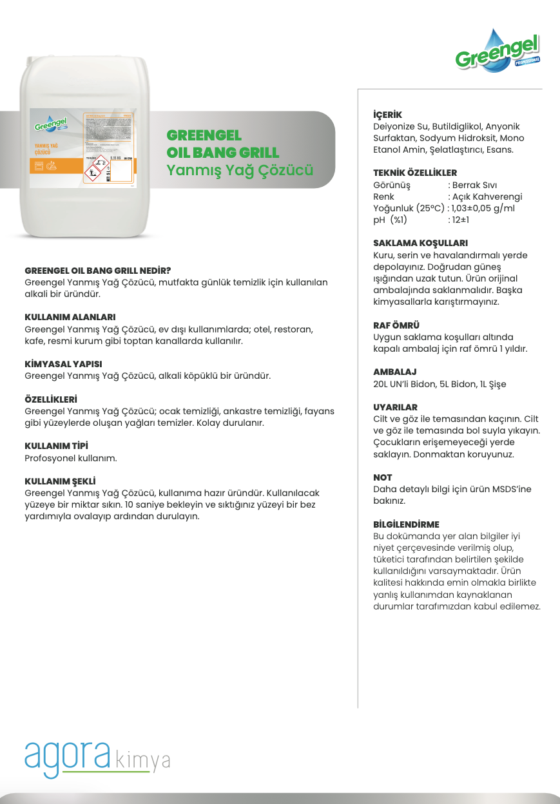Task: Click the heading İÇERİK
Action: [x=387, y=115]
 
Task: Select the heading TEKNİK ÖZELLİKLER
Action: [x=415, y=173]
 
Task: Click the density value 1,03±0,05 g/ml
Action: [x=483, y=208]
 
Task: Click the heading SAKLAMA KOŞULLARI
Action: [x=420, y=244]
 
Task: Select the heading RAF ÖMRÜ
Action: [x=396, y=325]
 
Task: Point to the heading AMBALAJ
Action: [x=395, y=372]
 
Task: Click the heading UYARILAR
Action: [x=396, y=407]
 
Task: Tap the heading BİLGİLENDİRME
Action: [x=406, y=524]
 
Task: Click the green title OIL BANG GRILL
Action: [x=223, y=153]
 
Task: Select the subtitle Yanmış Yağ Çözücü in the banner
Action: [x=240, y=171]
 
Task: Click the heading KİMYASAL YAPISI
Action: [x=63, y=364]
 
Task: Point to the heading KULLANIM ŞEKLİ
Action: [x=60, y=481]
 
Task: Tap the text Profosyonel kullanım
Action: [x=71, y=458]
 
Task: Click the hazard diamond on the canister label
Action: [x=98, y=167]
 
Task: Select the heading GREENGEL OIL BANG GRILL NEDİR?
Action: [x=97, y=271]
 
